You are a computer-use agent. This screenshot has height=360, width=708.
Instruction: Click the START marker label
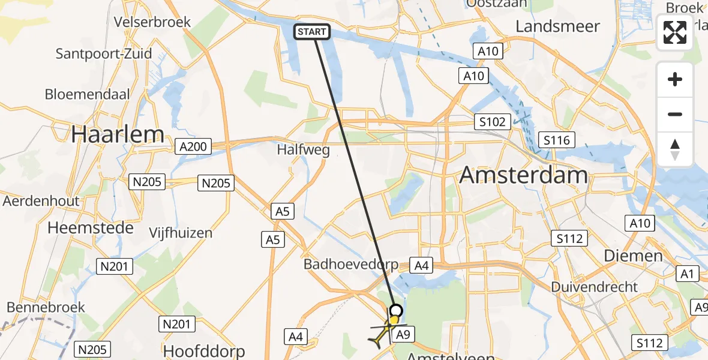(x=312, y=32)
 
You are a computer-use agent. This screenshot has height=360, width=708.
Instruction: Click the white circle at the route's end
(x=396, y=310)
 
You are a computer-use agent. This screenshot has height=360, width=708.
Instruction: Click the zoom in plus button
(x=675, y=80)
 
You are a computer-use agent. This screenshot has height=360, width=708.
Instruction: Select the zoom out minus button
(x=675, y=115)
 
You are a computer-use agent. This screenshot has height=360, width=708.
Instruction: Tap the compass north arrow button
(x=675, y=149)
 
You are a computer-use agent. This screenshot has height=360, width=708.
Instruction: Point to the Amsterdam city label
(x=524, y=175)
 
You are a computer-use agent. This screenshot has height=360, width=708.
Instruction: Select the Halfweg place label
(x=304, y=150)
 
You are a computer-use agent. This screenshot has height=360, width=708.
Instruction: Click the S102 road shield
(x=492, y=122)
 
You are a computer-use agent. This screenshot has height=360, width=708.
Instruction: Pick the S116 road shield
(x=556, y=140)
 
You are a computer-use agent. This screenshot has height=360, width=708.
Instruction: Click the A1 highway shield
(x=687, y=274)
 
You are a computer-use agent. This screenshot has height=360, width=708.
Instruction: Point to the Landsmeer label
(x=557, y=26)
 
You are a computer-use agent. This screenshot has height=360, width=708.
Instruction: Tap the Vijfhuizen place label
(x=181, y=233)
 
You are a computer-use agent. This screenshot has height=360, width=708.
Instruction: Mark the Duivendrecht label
(x=595, y=287)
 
